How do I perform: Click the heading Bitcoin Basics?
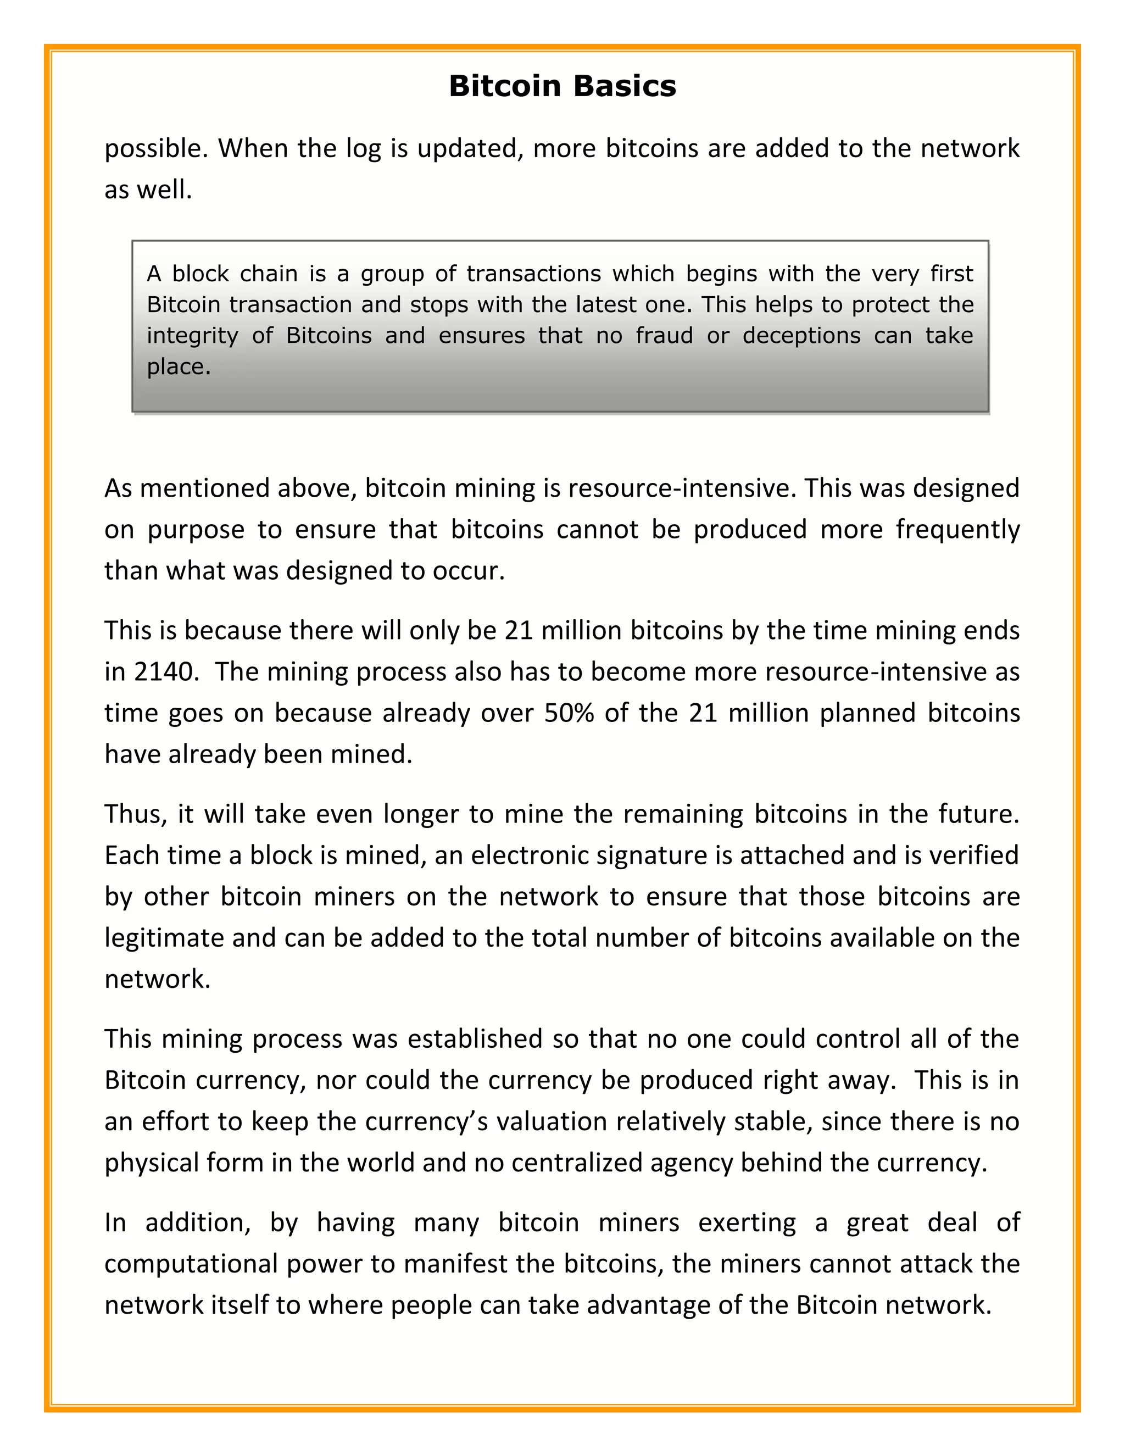(x=562, y=87)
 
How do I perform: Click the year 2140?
(x=166, y=672)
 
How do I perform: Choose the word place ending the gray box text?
(x=178, y=366)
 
